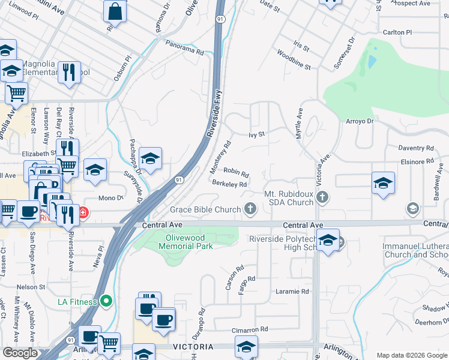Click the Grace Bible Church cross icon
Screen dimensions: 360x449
click(x=250, y=209)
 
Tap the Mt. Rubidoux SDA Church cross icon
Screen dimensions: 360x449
click(x=322, y=196)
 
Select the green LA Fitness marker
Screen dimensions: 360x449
click(x=106, y=301)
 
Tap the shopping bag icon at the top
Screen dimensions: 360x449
click(x=115, y=11)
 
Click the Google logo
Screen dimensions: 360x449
click(x=20, y=353)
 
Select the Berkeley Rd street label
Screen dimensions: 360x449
click(x=230, y=184)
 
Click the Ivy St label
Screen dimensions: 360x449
click(x=256, y=135)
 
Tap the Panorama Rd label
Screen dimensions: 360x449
click(x=184, y=52)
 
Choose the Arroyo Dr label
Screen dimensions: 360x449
click(x=360, y=121)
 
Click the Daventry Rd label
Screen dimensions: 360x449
click(x=416, y=148)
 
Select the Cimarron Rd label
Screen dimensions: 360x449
click(x=250, y=330)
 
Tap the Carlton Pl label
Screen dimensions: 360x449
click(x=397, y=32)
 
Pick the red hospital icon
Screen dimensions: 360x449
click(x=83, y=212)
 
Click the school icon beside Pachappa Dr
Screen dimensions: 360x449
click(x=150, y=158)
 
